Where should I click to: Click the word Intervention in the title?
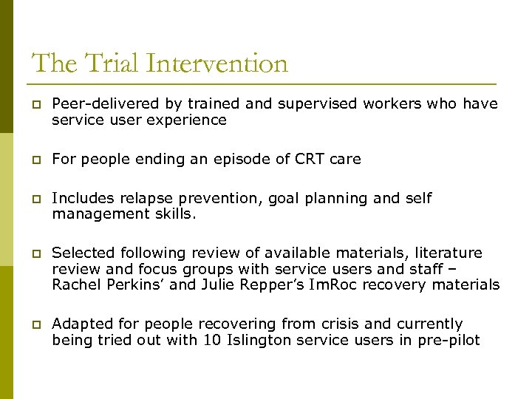click(x=217, y=64)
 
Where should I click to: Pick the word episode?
click(x=234, y=159)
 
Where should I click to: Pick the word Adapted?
click(x=81, y=324)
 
